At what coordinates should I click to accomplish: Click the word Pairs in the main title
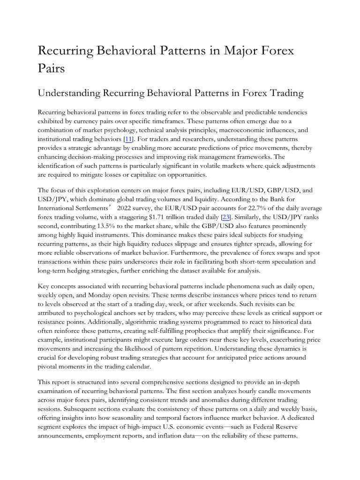[x=51, y=68]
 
